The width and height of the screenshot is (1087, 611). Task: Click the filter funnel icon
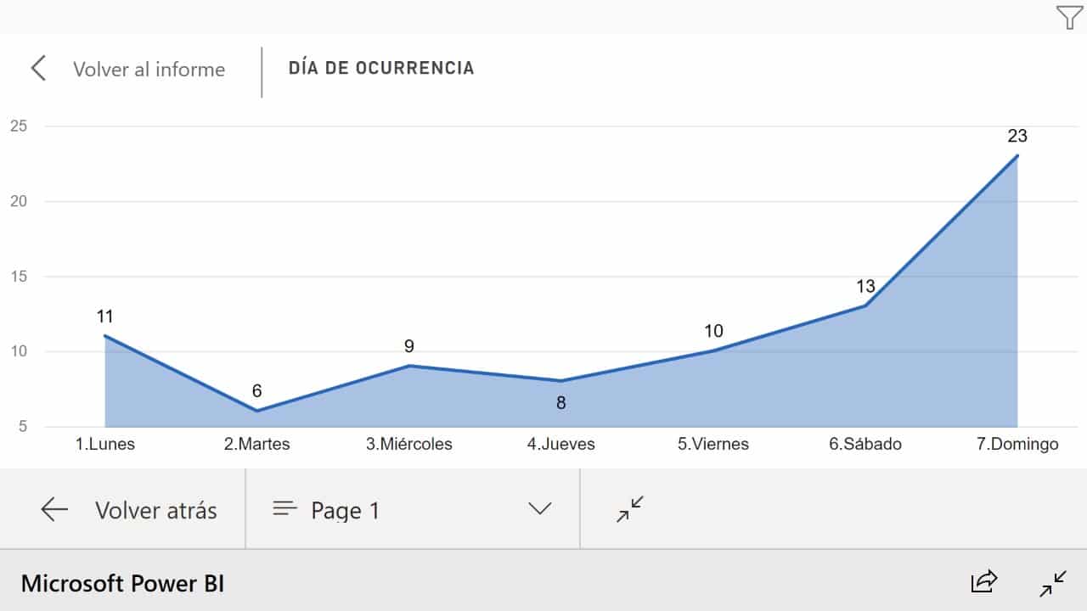click(x=1069, y=17)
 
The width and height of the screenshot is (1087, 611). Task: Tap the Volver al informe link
click(x=149, y=70)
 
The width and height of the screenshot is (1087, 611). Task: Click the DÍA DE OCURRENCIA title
click(x=381, y=68)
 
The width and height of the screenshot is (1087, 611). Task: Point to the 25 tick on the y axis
click(x=19, y=126)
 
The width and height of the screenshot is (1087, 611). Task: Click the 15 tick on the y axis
click(x=19, y=277)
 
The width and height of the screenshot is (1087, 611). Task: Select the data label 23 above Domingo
click(x=1017, y=136)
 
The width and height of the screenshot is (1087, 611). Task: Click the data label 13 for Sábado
click(x=865, y=286)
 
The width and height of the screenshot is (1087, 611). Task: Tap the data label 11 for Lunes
click(x=104, y=317)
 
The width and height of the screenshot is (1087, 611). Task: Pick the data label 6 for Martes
click(x=256, y=390)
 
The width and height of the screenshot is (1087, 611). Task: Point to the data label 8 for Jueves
click(x=561, y=402)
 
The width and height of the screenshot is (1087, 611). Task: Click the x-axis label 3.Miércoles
click(x=409, y=444)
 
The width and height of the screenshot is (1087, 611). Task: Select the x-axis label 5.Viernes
click(x=712, y=444)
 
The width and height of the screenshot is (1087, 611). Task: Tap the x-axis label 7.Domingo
click(x=1017, y=444)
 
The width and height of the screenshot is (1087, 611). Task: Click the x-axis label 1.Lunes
click(x=104, y=444)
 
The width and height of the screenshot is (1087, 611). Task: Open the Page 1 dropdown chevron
click(x=539, y=508)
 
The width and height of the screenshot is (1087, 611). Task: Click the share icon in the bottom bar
click(x=983, y=581)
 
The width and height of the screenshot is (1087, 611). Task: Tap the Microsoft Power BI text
click(x=123, y=583)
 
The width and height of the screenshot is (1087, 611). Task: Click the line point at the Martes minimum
click(x=256, y=412)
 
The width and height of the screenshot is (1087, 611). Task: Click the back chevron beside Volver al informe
click(x=38, y=68)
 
